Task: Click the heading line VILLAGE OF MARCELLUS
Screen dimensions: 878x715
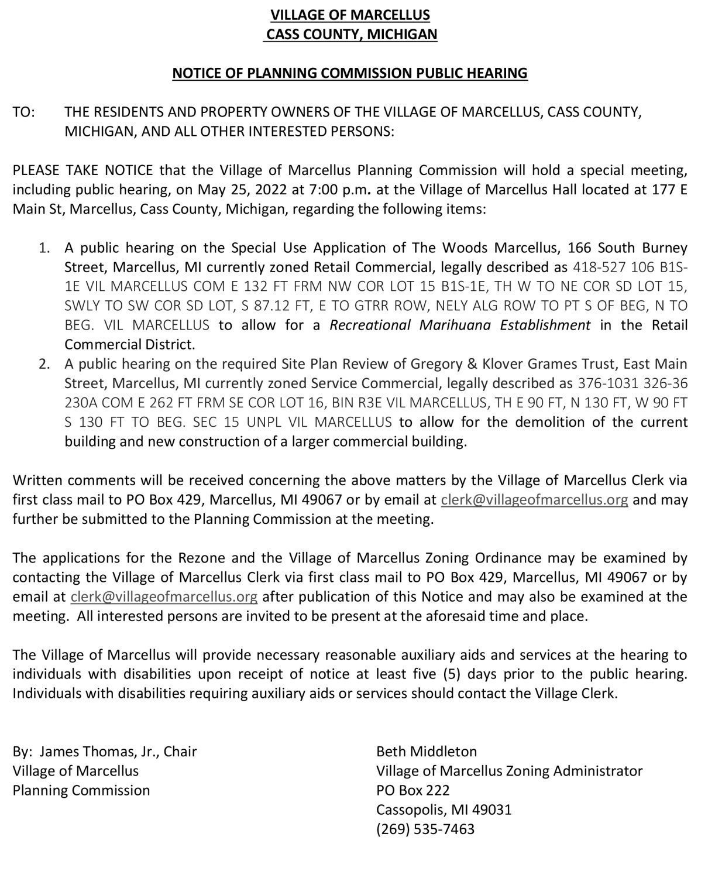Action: (x=350, y=15)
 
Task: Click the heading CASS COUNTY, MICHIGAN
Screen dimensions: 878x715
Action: (x=351, y=34)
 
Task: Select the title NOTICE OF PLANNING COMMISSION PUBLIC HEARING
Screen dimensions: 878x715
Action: (x=350, y=73)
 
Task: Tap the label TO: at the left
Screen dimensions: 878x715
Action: (x=24, y=112)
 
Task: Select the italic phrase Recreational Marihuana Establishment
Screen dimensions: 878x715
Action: (x=460, y=325)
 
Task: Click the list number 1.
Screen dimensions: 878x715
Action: (x=44, y=248)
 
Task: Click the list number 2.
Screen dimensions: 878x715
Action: (x=44, y=364)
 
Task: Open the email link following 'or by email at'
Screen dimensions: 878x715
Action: (x=534, y=500)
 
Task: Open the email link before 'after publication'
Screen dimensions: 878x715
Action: (x=164, y=597)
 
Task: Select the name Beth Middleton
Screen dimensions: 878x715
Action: (x=427, y=752)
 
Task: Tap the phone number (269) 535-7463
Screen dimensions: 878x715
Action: (x=425, y=829)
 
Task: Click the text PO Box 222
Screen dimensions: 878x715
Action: (x=413, y=791)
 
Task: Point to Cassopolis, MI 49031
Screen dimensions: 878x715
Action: (x=444, y=810)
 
